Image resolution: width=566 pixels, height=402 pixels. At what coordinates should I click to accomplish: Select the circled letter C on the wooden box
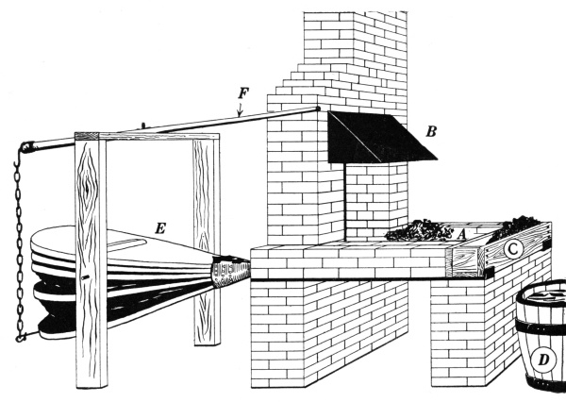512,249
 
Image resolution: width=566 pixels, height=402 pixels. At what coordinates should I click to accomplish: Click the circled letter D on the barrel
544,359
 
